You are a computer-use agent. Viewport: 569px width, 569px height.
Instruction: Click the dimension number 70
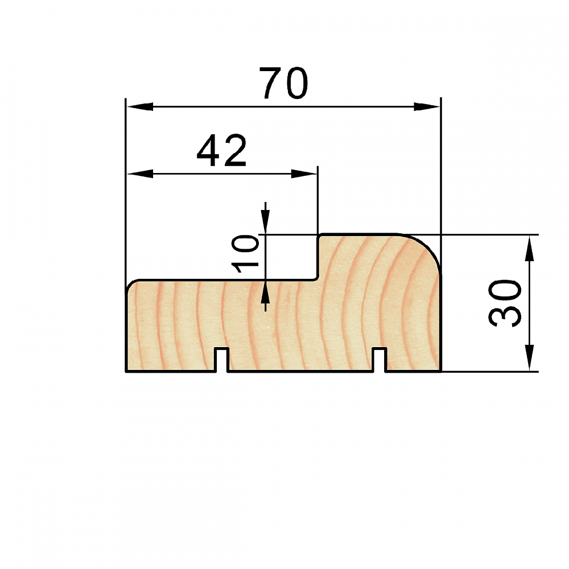[x=284, y=83]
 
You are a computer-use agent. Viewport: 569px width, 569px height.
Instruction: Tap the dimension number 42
[x=222, y=150]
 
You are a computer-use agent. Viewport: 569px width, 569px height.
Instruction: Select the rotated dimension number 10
[x=245, y=253]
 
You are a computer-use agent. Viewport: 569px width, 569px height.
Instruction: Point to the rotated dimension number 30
[x=505, y=303]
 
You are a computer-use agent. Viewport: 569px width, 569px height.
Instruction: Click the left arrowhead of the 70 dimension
[x=140, y=107]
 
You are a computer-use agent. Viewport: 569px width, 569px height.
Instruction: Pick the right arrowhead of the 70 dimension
[x=427, y=107]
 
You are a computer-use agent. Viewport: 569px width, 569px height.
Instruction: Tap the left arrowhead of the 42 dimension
[x=140, y=174]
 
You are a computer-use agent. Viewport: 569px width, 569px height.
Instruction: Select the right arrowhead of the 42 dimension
[x=304, y=174]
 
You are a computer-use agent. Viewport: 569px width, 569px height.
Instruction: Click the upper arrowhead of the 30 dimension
[x=530, y=248]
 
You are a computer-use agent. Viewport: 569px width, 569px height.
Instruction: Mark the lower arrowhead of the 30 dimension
[x=530, y=358]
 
